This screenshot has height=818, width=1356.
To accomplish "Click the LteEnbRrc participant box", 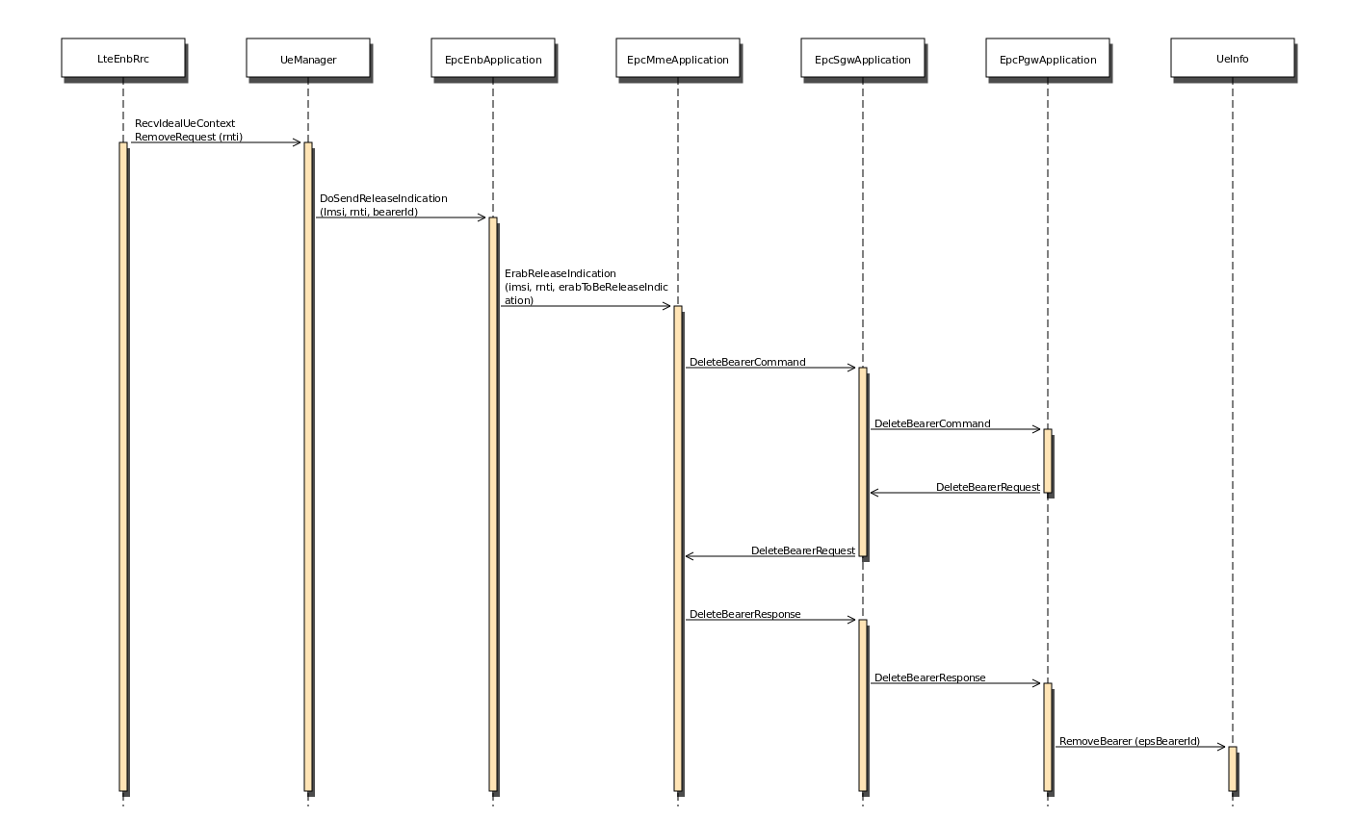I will [123, 58].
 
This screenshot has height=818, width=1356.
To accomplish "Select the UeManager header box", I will [308, 58].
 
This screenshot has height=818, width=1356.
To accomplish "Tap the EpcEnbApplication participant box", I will [493, 58].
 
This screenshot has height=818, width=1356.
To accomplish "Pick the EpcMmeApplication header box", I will [678, 58].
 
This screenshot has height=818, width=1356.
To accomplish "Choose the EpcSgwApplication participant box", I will [863, 58].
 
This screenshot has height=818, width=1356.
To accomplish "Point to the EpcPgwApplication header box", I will [1048, 58].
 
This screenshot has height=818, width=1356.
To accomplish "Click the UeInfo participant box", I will [1233, 58].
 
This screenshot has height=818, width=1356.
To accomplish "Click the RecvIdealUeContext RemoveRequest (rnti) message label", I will [189, 130].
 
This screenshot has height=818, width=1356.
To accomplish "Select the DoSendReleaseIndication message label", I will [383, 205].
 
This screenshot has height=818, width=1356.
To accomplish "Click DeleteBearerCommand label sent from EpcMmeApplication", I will [747, 362].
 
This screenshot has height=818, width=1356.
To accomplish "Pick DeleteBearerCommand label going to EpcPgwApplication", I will [932, 423].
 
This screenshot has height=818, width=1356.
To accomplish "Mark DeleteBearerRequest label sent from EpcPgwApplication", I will [987, 487].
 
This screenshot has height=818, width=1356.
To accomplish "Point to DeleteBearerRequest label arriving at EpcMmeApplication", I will [802, 550].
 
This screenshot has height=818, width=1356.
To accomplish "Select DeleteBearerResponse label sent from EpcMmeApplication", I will [744, 614].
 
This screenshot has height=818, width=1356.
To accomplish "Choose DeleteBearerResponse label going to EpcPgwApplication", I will [929, 677].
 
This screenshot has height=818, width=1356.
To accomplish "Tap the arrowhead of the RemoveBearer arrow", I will [1221, 747].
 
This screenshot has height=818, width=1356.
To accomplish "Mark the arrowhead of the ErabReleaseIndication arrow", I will [666, 306].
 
